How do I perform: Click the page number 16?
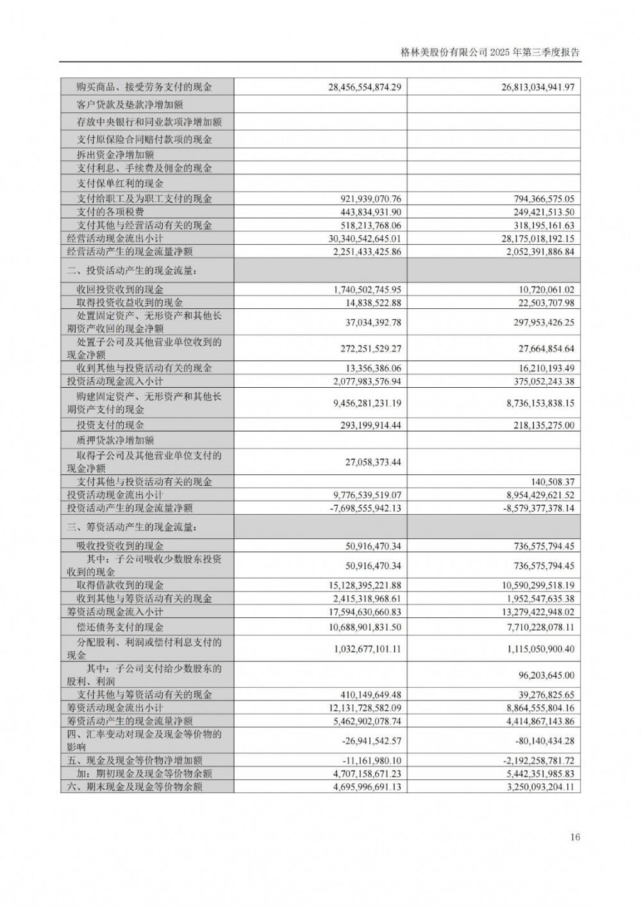(574, 837)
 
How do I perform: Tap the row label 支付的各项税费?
(110, 212)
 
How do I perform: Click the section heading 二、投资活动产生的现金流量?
(131, 271)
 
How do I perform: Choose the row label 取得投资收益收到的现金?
(129, 303)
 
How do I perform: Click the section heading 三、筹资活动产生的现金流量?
(131, 528)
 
